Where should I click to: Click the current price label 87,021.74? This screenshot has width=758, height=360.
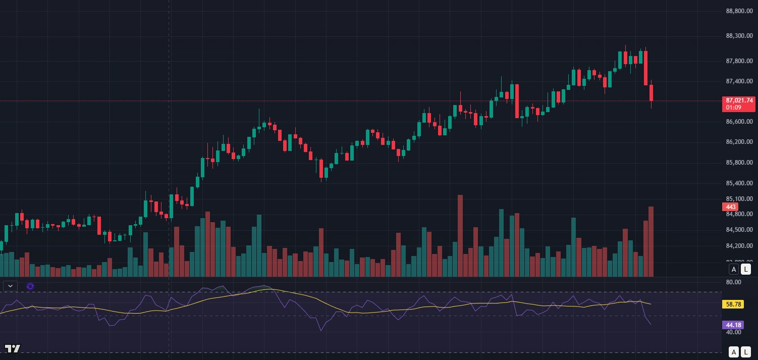pyautogui.click(x=739, y=100)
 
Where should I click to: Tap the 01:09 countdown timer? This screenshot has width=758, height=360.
pyautogui.click(x=733, y=108)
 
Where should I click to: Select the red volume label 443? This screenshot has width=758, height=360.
pyautogui.click(x=730, y=207)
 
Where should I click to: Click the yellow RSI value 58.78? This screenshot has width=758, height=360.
pyautogui.click(x=733, y=304)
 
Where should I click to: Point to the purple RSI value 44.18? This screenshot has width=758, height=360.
pyautogui.click(x=733, y=325)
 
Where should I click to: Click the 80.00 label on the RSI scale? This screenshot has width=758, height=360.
pyautogui.click(x=733, y=282)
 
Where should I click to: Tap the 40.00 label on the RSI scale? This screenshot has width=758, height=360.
pyautogui.click(x=733, y=332)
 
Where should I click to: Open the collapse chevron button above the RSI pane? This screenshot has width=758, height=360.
pyautogui.click(x=10, y=286)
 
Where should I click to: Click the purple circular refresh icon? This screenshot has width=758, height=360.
pyautogui.click(x=30, y=286)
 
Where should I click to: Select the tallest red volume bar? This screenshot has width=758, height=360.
pyautogui.click(x=460, y=235)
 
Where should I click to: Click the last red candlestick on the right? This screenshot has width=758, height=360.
pyautogui.click(x=651, y=93)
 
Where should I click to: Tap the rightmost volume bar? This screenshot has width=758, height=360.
pyautogui.click(x=651, y=241)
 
